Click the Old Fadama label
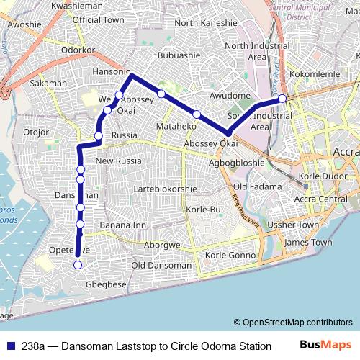(251, 187)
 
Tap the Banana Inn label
(122, 225)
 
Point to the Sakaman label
(49, 84)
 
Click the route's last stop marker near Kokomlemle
(282, 98)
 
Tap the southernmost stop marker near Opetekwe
(78, 265)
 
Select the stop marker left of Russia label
(98, 135)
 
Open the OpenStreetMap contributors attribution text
(294, 323)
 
